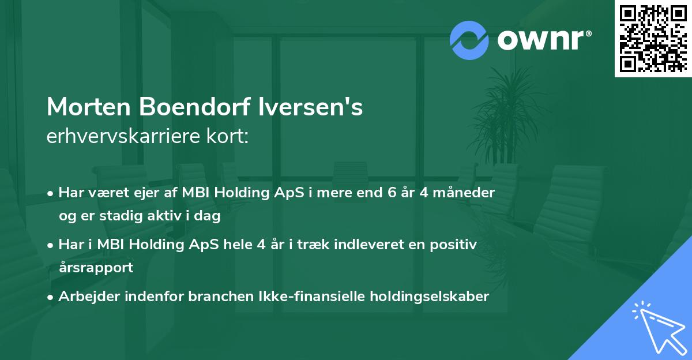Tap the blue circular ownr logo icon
point(469,40)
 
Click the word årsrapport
point(96,267)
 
